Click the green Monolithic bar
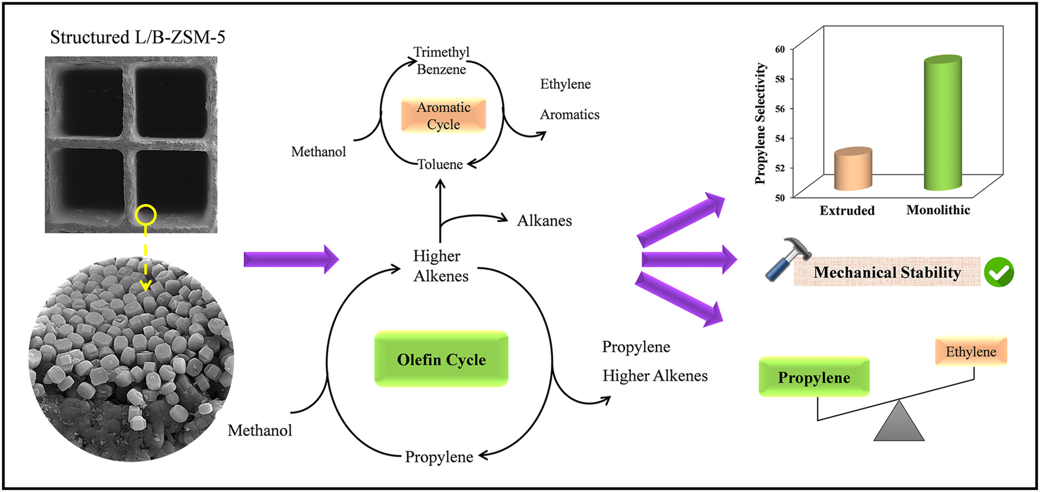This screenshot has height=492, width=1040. (943, 123)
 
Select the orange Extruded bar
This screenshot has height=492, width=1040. (853, 169)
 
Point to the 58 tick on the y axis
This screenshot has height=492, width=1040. (780, 79)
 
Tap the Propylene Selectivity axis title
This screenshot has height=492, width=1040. (761, 123)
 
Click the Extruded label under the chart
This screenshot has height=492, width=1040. (847, 210)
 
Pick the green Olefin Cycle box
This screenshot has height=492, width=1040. (441, 359)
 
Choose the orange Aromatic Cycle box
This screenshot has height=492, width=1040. (443, 116)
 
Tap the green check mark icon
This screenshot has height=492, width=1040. (998, 272)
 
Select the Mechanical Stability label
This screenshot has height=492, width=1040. (887, 272)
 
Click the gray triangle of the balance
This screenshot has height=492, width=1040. (898, 423)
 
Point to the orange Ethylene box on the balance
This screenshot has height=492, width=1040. (971, 352)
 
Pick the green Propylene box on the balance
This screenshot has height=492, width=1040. (814, 377)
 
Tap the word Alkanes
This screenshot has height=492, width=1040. (544, 220)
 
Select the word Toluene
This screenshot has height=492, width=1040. (440, 164)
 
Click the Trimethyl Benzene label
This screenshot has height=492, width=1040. (441, 61)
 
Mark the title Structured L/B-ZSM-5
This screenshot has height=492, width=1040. (138, 37)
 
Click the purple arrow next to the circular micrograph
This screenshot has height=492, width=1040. (291, 259)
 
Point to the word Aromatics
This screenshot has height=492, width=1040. (569, 114)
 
